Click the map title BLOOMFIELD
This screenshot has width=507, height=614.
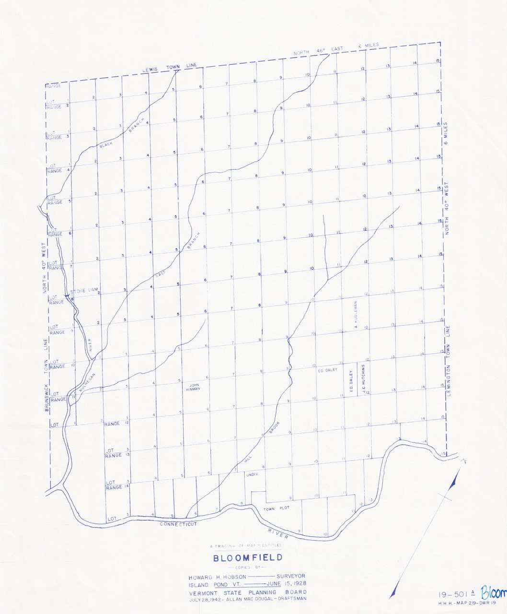pyautogui.click(x=248, y=558)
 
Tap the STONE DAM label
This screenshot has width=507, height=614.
pyautogui.click(x=84, y=291)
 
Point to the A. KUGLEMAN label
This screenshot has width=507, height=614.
pyautogui.click(x=356, y=315)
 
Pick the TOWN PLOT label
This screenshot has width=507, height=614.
pyautogui.click(x=276, y=508)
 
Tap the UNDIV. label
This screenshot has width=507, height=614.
pyautogui.click(x=252, y=474)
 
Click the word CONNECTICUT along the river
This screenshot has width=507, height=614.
pyautogui.click(x=178, y=524)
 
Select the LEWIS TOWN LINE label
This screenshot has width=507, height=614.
pyautogui.click(x=169, y=68)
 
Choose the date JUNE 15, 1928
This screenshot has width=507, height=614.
pyautogui.click(x=287, y=584)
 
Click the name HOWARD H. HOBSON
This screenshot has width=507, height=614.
pyautogui.click(x=217, y=577)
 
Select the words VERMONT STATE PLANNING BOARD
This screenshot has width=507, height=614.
pyautogui.click(x=247, y=592)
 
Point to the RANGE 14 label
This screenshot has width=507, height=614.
pyautogui.click(x=114, y=487)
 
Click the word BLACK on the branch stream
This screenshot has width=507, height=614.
pyautogui.click(x=105, y=145)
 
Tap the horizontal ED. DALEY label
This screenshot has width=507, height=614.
pyautogui.click(x=327, y=370)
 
